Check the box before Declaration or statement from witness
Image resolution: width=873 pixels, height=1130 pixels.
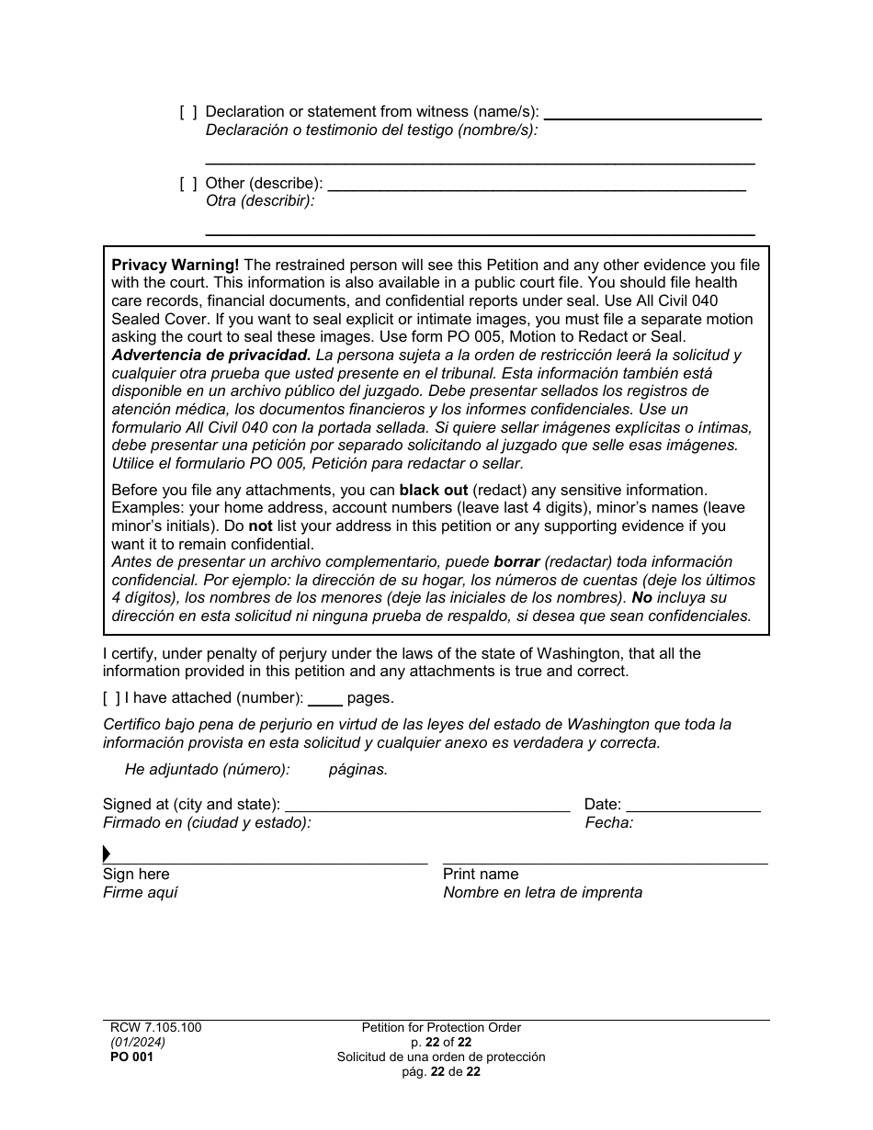pyautogui.click(x=187, y=112)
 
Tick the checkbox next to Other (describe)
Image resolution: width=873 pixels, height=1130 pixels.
pyautogui.click(x=187, y=184)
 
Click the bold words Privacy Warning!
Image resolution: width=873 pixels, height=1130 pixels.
pyautogui.click(x=175, y=266)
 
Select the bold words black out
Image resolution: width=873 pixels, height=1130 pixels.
pyautogui.click(x=433, y=491)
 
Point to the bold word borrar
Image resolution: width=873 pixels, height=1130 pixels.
pyautogui.click(x=516, y=562)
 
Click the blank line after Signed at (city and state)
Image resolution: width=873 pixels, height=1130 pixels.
pyautogui.click(x=426, y=805)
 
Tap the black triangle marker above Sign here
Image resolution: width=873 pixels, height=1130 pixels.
pyautogui.click(x=107, y=854)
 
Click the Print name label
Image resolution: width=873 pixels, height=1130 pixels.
pyautogui.click(x=480, y=875)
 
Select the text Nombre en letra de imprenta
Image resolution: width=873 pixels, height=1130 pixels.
pyautogui.click(x=542, y=893)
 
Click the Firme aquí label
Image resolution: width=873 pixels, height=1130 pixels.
pyautogui.click(x=141, y=893)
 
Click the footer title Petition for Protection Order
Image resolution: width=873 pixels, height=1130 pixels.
pyautogui.click(x=441, y=1028)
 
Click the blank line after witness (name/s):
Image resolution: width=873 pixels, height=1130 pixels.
pyautogui.click(x=652, y=112)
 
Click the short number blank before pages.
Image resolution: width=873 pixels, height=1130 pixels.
pyautogui.click(x=324, y=698)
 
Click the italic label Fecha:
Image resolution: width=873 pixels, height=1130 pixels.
pyautogui.click(x=608, y=823)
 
